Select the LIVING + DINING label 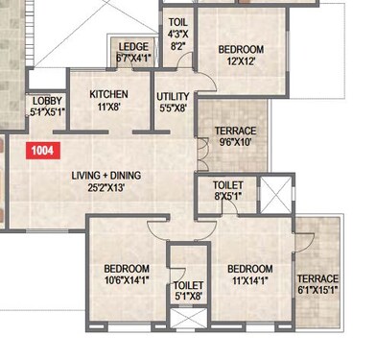pos(113,177)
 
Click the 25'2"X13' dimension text pos(113,189)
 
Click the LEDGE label pos(133,46)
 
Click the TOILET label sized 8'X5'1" pos(226,184)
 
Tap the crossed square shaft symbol pos(275,196)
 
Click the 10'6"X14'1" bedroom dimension pos(127,282)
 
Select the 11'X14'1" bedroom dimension pos(251,282)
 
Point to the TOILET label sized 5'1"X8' pos(188,286)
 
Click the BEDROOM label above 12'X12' pos(241,50)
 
